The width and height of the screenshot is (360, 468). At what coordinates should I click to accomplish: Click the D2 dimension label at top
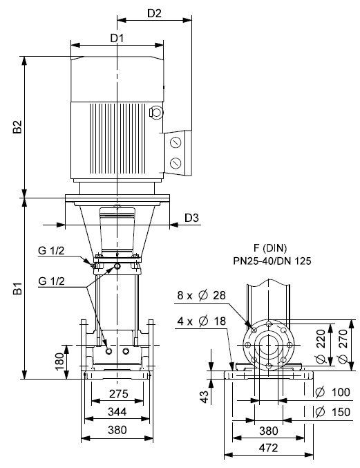pyautogui.click(x=154, y=13)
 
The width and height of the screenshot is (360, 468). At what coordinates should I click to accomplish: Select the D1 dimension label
pyautogui.click(x=117, y=38)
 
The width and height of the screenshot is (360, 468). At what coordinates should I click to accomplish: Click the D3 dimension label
pyautogui.click(x=191, y=218)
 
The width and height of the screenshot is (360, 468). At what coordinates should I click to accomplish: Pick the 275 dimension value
pyautogui.click(x=118, y=394)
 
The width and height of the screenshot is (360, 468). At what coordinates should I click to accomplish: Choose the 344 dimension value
pyautogui.click(x=117, y=412)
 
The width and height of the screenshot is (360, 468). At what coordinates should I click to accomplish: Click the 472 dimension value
pyautogui.click(x=268, y=448)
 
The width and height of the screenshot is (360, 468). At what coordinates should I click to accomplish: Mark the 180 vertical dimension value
pyautogui.click(x=59, y=361)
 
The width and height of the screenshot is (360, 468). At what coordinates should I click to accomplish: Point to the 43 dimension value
pyautogui.click(x=205, y=397)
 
